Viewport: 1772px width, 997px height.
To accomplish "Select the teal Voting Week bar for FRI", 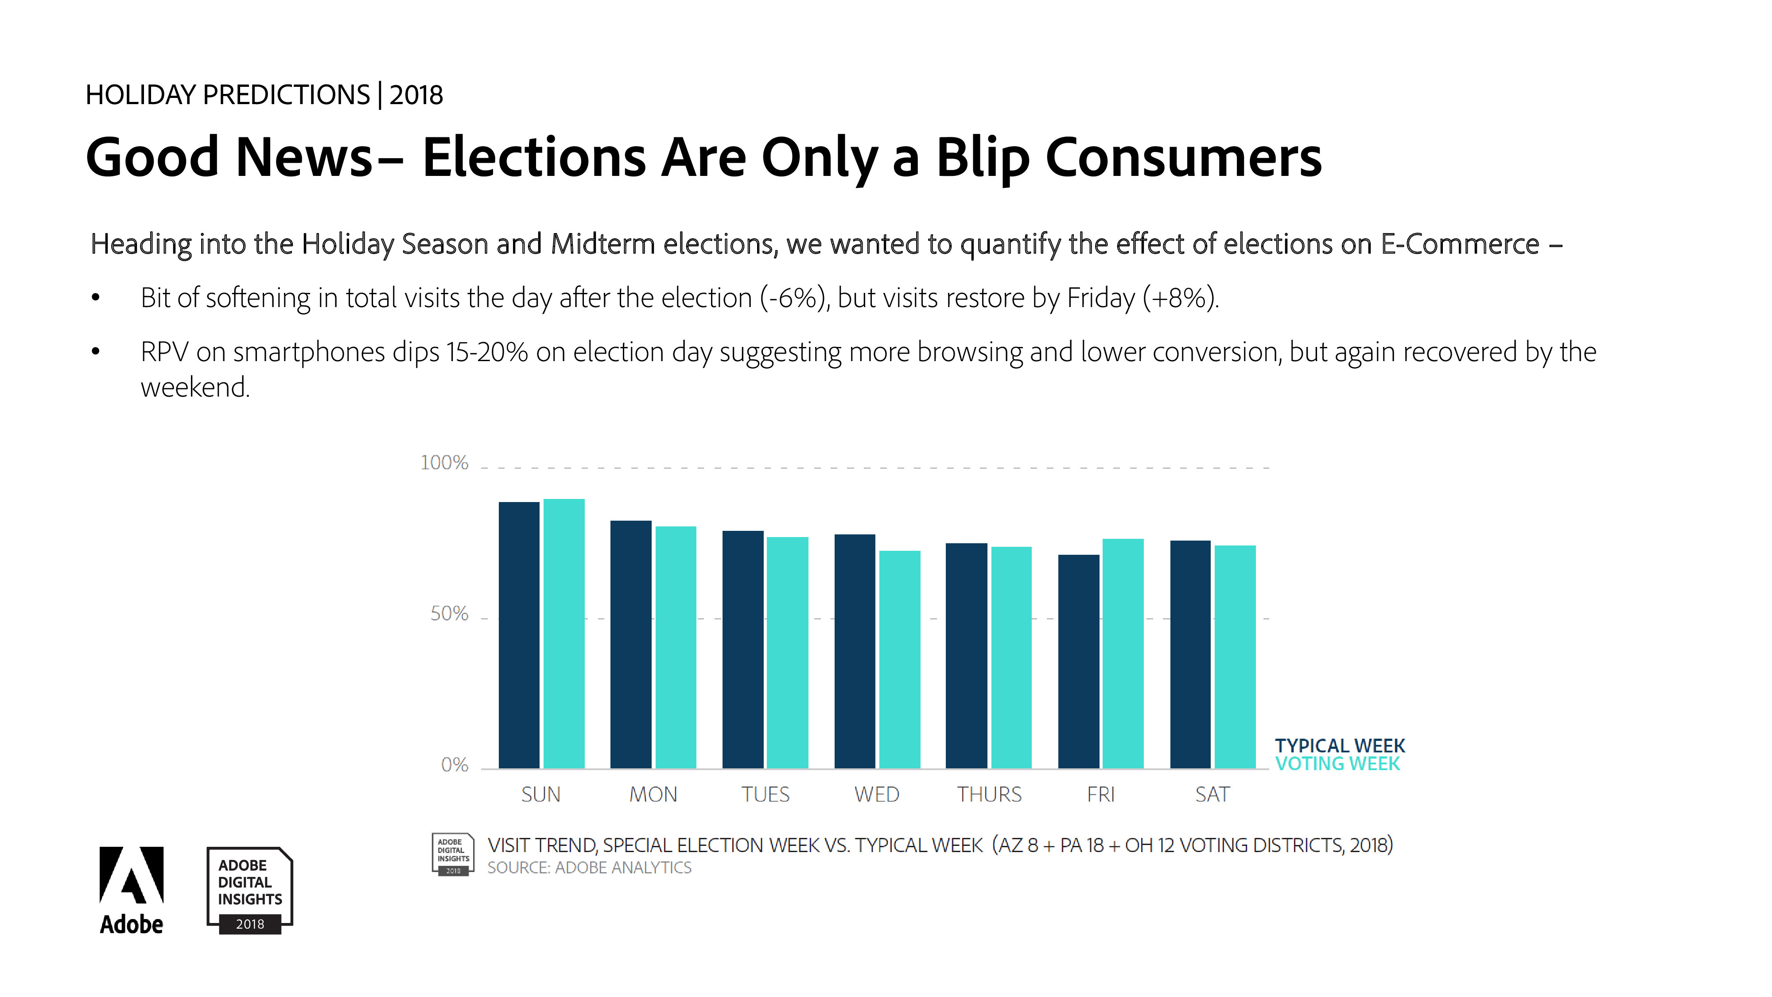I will (x=1123, y=653).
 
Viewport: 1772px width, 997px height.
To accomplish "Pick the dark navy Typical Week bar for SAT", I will (x=1190, y=654).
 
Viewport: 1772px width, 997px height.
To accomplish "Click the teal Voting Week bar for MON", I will (x=676, y=647).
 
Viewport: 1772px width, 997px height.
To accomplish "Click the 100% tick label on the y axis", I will (x=444, y=463).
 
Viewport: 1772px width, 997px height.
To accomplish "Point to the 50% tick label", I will (x=449, y=614).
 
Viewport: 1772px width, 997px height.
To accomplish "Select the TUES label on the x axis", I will (x=765, y=794).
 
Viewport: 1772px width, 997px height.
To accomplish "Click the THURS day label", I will (x=989, y=794).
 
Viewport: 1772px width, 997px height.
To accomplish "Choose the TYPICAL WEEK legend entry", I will (x=1339, y=746).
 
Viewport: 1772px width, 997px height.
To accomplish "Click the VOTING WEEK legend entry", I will (x=1337, y=764).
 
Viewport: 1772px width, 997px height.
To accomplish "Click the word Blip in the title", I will (x=982, y=158).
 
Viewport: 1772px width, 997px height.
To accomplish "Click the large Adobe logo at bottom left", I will (x=132, y=890).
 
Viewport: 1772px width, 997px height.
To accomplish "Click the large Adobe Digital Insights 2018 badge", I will (x=250, y=890).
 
